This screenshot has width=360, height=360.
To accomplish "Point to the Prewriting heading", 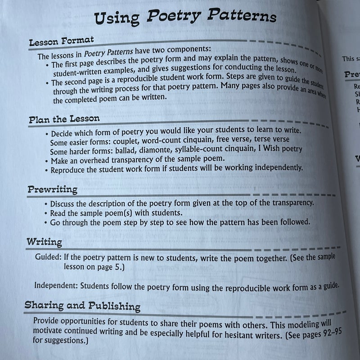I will click(53, 189).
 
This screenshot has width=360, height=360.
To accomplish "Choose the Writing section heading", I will click(44, 242).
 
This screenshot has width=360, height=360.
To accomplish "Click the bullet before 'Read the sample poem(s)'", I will click(47, 212).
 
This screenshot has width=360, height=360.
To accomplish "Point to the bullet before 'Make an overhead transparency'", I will click(47, 160).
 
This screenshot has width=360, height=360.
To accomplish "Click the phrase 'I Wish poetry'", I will click(280, 149).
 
